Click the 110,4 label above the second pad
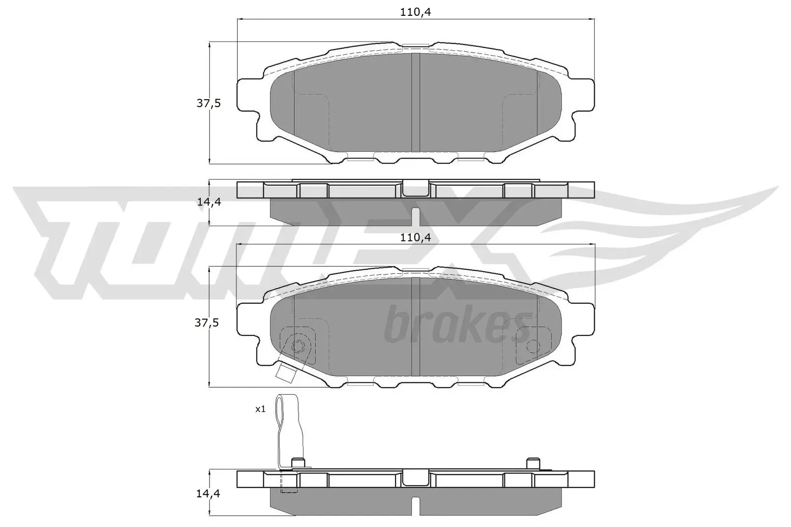(416, 238)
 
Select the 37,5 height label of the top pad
(208, 103)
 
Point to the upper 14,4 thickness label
(208, 202)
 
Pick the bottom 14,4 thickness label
(208, 493)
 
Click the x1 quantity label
(261, 409)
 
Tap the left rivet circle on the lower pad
(298, 345)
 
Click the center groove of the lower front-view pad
(415, 326)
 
